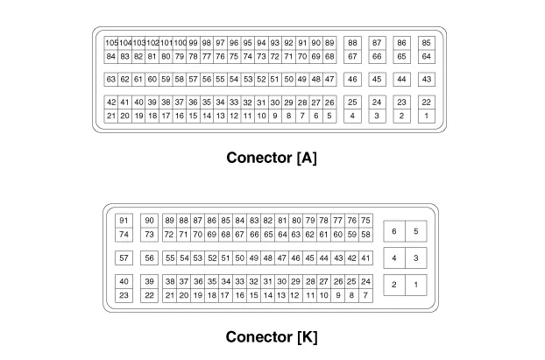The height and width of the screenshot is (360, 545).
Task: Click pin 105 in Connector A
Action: pyautogui.click(x=111, y=43)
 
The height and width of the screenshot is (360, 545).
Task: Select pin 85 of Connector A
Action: pyautogui.click(x=426, y=43)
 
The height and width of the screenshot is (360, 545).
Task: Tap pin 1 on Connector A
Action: pyautogui.click(x=426, y=116)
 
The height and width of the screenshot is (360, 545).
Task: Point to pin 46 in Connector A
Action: pyautogui.click(x=352, y=80)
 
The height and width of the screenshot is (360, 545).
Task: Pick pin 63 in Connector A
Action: pyautogui.click(x=111, y=80)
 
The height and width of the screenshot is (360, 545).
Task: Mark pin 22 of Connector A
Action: pyautogui.click(x=426, y=102)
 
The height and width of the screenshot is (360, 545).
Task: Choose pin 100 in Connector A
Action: pyautogui.click(x=180, y=43)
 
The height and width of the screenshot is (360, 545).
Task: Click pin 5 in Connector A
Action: pyautogui.click(x=329, y=116)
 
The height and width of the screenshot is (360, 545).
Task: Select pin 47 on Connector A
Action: pyautogui.click(x=329, y=80)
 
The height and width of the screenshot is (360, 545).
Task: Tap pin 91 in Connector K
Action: pyautogui.click(x=124, y=221)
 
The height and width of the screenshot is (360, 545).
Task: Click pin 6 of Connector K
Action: pyautogui.click(x=394, y=231)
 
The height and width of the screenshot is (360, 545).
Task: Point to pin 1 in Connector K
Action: pyautogui.click(x=415, y=285)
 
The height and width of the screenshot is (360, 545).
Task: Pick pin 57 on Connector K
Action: pyautogui.click(x=124, y=258)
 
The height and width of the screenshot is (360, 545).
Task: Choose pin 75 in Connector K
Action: pyautogui.click(x=365, y=221)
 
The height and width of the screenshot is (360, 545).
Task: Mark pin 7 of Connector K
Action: pyautogui.click(x=365, y=296)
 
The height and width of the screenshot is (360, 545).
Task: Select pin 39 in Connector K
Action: pyautogui.click(x=150, y=282)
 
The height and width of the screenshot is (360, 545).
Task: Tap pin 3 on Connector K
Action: pyautogui.click(x=415, y=258)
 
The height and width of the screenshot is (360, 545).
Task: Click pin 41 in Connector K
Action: pyautogui.click(x=365, y=258)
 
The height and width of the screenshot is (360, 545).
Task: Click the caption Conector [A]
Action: pyautogui.click(x=272, y=159)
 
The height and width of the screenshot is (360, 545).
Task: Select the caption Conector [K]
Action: pyautogui.click(x=272, y=337)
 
